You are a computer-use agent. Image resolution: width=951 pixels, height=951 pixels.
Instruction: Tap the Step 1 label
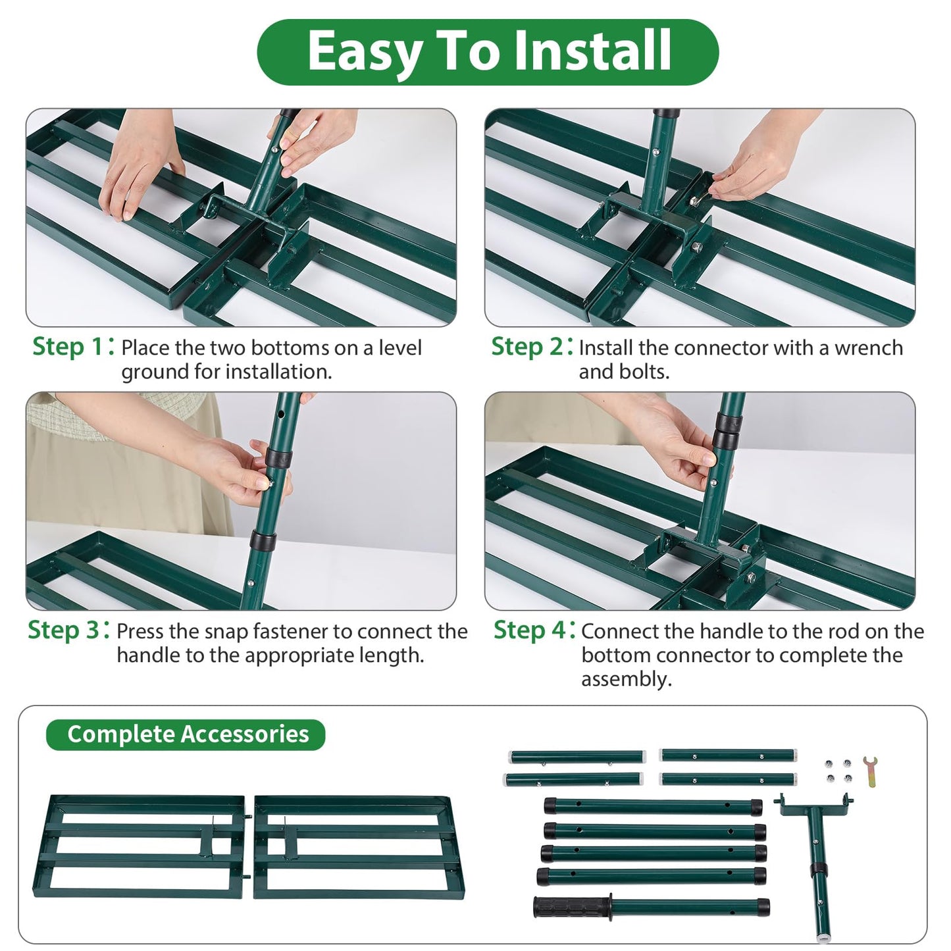(68, 347)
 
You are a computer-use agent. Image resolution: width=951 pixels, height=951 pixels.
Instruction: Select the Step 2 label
(528, 347)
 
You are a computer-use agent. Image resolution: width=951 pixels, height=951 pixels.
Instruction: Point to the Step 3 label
(64, 630)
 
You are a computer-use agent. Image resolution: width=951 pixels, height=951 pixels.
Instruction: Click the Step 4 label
(530, 630)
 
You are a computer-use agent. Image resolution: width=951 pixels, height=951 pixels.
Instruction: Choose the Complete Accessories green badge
(186, 734)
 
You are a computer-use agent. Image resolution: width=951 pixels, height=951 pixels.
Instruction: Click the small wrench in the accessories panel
(870, 771)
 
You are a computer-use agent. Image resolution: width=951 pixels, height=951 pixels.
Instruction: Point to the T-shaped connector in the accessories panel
(816, 849)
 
